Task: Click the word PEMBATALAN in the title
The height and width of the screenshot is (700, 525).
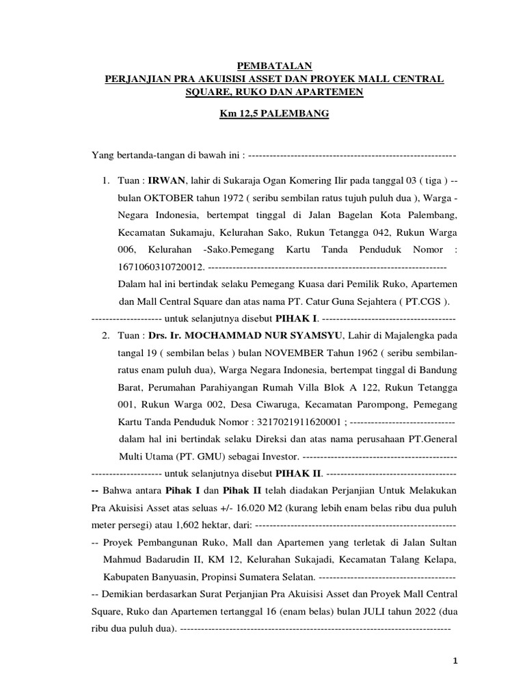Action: click(x=274, y=66)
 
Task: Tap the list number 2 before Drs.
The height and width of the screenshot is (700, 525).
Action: click(x=105, y=336)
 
